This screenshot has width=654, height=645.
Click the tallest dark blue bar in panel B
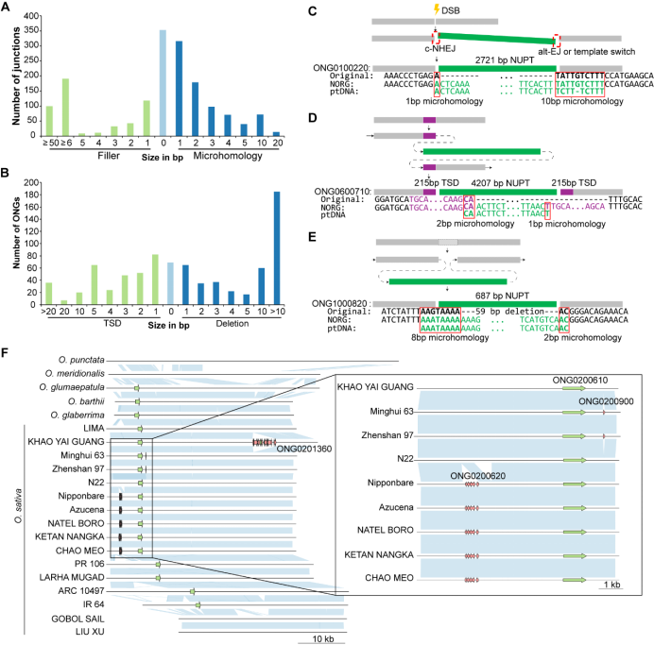(x=277, y=244)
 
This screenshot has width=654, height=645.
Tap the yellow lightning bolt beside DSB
(x=436, y=8)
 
